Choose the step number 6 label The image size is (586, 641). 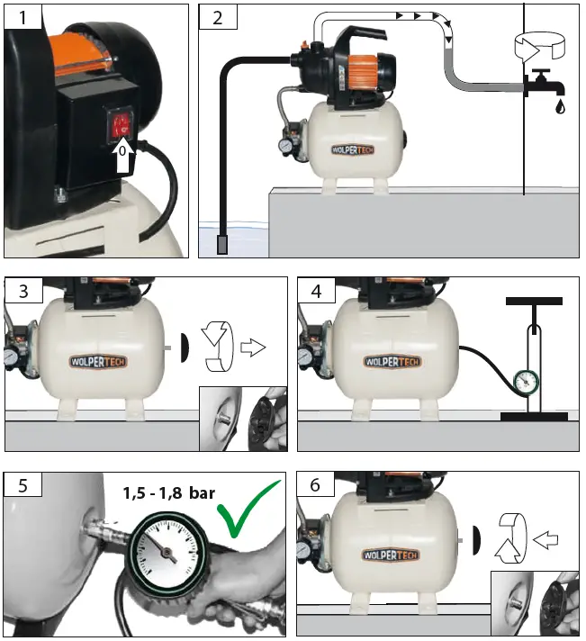coord(314,483)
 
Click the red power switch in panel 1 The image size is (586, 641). coord(122,125)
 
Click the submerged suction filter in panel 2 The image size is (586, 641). coord(224,243)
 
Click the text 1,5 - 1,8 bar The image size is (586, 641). coord(168,492)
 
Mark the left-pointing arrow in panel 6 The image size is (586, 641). coord(546,540)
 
